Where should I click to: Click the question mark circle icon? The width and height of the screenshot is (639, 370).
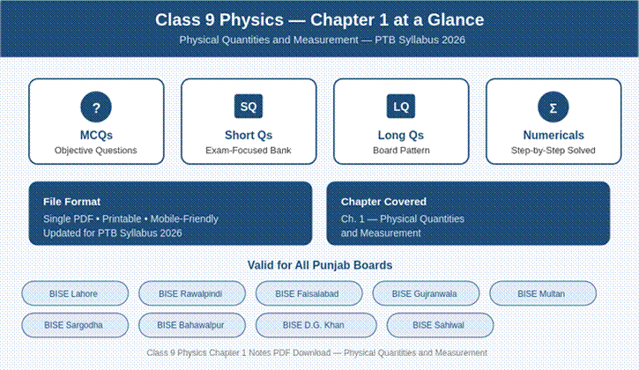click(96, 107)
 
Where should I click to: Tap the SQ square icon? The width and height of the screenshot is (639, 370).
click(249, 107)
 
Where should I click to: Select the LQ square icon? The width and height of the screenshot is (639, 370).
click(401, 107)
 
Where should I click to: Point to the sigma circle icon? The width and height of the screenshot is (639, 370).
click(554, 107)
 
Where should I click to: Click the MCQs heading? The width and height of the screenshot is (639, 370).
click(96, 135)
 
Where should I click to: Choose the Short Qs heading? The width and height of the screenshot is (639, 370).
click(249, 135)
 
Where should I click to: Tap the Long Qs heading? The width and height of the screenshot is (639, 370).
click(401, 135)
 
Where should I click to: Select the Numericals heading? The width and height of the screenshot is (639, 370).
click(554, 135)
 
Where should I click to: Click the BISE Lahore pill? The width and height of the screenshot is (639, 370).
click(75, 293)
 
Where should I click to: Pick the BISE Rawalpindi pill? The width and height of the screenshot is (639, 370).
click(192, 293)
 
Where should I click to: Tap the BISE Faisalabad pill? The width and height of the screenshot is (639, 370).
click(308, 293)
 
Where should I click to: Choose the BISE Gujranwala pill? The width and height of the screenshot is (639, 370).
click(426, 293)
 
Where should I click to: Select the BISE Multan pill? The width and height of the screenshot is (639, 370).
click(543, 293)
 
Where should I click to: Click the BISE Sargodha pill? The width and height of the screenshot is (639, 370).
click(75, 325)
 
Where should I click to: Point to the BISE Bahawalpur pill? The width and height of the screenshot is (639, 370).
click(192, 325)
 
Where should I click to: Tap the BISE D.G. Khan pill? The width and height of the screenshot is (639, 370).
click(316, 325)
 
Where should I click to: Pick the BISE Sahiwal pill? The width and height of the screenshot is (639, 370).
click(440, 325)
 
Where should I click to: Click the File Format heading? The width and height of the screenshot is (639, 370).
click(71, 202)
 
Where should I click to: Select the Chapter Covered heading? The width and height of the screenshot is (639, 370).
click(384, 202)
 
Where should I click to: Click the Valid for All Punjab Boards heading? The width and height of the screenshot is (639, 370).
click(320, 265)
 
